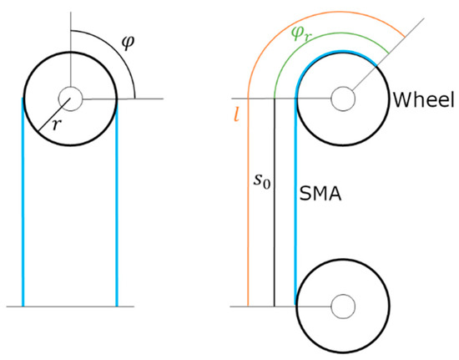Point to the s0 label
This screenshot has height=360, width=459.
tap(261, 178)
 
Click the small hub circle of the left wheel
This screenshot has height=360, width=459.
tap(70, 98)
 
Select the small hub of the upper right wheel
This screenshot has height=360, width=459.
tap(342, 99)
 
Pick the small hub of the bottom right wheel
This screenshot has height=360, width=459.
tap(342, 306)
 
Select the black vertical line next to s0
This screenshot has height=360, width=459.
tap(275, 234)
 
